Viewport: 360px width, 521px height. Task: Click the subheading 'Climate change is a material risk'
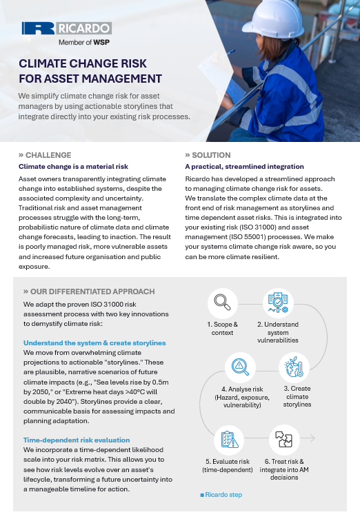(x=72, y=166)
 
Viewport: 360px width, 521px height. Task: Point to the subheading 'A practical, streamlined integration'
(x=244, y=166)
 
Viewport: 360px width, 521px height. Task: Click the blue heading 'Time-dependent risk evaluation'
(x=77, y=439)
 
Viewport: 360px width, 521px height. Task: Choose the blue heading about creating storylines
(x=94, y=343)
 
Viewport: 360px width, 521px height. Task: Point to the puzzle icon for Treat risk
(x=283, y=438)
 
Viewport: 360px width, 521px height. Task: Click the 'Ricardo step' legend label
(x=223, y=495)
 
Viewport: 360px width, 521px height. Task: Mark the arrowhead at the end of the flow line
(x=314, y=438)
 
